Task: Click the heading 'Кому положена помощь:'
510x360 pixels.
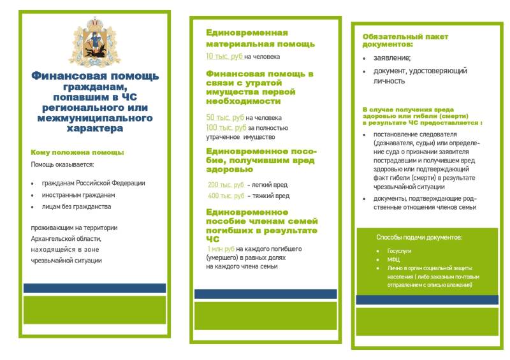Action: [x=77, y=152]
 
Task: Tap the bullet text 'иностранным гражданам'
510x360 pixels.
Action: [x=78, y=195]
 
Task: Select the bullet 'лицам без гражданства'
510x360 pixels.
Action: [x=76, y=207]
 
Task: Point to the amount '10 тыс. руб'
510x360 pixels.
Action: [x=224, y=57]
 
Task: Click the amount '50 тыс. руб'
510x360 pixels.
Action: [x=224, y=118]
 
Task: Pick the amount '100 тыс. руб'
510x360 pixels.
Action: [x=226, y=127]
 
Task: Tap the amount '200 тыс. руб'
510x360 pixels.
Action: [x=226, y=185]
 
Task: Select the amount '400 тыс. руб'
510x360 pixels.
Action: [x=226, y=196]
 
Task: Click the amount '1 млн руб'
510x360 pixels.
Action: [x=221, y=248]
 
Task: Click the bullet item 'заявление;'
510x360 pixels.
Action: [x=392, y=58]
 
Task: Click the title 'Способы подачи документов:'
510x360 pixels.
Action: [x=419, y=237]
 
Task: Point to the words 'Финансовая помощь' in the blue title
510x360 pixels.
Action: [x=95, y=76]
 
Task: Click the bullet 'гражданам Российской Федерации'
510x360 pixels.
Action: [x=94, y=183]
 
